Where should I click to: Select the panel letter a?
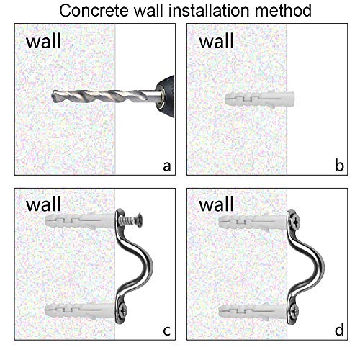[x=166, y=166]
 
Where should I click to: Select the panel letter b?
[x=338, y=166]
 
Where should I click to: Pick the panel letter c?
[x=166, y=332]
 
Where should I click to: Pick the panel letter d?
[x=338, y=332]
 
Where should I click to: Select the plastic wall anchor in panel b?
[x=252, y=96]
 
